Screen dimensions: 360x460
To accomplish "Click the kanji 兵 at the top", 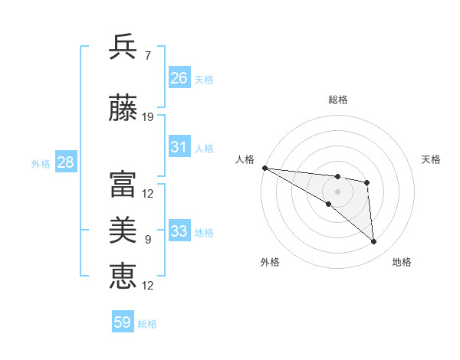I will [x=123, y=47].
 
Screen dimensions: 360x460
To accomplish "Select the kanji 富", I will [x=123, y=184].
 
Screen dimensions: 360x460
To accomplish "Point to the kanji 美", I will [x=123, y=229].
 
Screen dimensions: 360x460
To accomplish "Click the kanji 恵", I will [x=123, y=275].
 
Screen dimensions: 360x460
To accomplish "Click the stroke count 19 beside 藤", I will [x=149, y=117].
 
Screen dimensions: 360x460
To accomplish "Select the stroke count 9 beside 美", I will [x=147, y=240].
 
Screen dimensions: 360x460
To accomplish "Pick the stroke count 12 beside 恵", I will [x=149, y=286].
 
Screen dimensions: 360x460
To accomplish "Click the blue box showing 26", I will [x=179, y=78].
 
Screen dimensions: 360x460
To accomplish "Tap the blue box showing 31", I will [x=179, y=147].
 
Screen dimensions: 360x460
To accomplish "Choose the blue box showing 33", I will [x=179, y=231].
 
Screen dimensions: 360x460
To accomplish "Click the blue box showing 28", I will [x=65, y=162].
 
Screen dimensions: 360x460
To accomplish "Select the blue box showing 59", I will [x=123, y=322].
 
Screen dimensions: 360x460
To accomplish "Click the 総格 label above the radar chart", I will [x=338, y=100].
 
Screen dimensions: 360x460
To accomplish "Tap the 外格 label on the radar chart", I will [x=269, y=262].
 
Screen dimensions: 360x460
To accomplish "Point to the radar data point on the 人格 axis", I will [x=264, y=168].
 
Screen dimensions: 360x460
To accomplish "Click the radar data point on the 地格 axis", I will [x=374, y=242].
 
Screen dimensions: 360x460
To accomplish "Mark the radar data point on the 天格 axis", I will [x=367, y=182].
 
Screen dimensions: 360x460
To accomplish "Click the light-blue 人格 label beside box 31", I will [x=204, y=148].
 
